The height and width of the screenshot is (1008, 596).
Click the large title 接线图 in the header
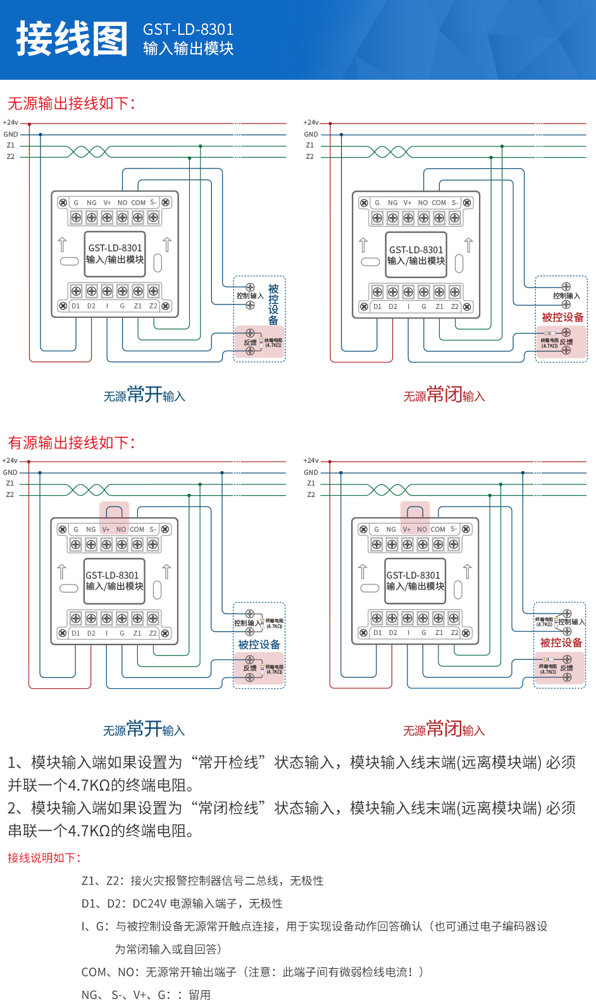[71, 39]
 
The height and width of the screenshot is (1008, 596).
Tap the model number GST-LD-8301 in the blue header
[188, 30]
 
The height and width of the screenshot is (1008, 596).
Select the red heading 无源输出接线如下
[71, 103]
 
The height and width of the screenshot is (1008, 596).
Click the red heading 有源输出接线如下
[71, 443]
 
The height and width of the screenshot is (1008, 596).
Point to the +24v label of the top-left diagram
[11, 123]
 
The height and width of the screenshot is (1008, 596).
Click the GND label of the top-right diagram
[311, 134]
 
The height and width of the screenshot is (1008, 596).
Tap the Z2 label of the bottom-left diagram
[10, 495]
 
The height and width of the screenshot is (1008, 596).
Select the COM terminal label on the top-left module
[138, 203]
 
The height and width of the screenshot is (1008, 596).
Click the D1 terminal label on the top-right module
[377, 306]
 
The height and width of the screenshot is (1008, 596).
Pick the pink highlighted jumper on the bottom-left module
[114, 514]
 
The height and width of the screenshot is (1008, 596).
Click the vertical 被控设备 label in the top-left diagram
[273, 305]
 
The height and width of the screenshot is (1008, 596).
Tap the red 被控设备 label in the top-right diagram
[562, 317]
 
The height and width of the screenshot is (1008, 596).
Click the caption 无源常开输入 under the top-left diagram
[144, 395]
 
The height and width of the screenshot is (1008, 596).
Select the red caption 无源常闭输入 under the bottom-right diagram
[444, 729]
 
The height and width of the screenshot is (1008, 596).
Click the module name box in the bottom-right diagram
[415, 581]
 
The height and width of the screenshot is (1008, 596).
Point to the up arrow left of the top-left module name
[62, 244]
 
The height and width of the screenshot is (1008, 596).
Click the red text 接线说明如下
[44, 858]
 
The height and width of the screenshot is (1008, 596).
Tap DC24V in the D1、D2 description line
[149, 904]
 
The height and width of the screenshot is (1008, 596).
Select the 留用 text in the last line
[199, 995]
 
